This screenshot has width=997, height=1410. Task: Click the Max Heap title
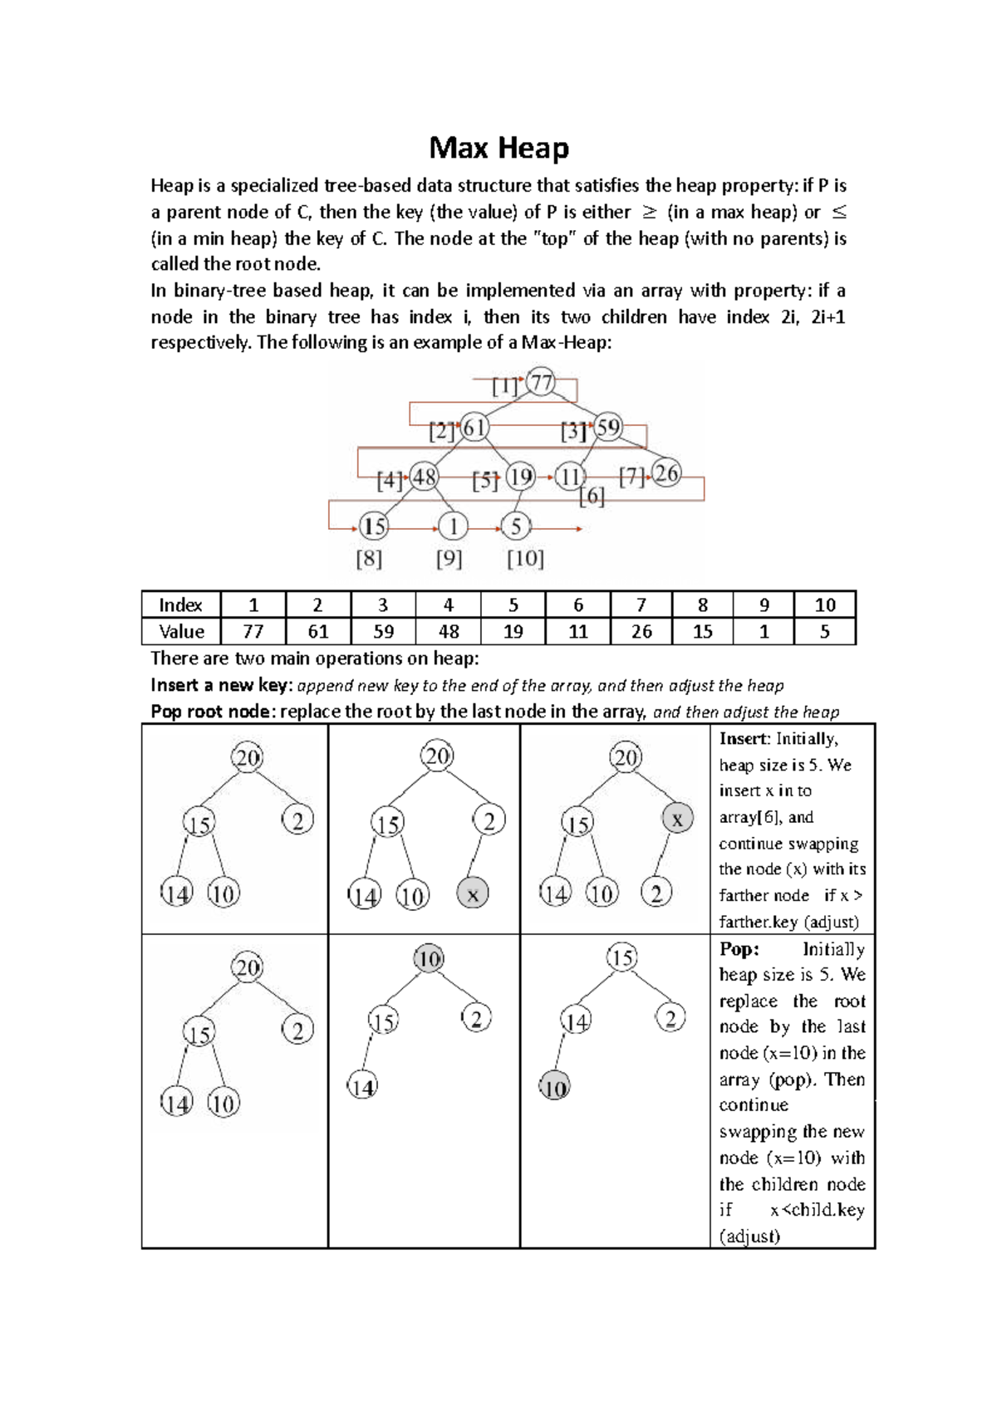pos(498,148)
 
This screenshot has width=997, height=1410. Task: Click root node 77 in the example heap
pos(542,383)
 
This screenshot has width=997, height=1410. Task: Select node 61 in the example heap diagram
pos(474,428)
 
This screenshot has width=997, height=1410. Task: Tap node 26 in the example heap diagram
pos(666,473)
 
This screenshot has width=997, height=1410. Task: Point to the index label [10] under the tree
pos(525,559)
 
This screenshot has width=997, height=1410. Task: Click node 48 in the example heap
pos(425,477)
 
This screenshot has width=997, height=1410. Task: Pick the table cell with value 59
pos(383,632)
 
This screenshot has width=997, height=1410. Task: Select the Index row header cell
pos(180,605)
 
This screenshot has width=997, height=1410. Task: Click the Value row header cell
pos(180,632)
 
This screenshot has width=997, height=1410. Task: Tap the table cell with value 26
pos(641,632)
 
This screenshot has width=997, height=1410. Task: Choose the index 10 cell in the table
pos(824,605)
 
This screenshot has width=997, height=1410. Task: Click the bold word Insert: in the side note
pos(745,739)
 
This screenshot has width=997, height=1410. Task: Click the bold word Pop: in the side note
pos(739,949)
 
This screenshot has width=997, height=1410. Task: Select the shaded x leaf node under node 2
pos(473,894)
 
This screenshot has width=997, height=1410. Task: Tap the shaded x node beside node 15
pos(677,819)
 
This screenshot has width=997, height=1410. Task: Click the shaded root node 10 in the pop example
pos(429,959)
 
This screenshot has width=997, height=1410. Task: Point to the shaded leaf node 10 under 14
pos(554,1087)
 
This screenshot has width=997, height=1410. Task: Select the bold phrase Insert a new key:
pos(221,685)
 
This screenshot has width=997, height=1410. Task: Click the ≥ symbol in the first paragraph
pos(649,213)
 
